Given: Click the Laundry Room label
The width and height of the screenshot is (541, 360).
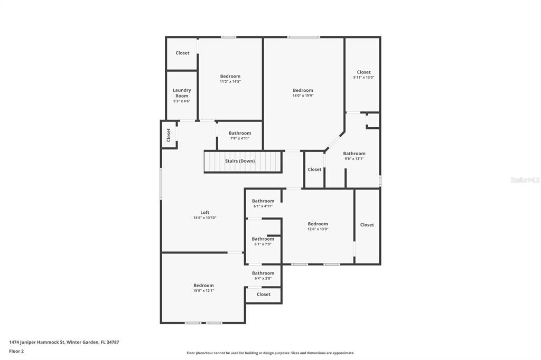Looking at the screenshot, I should click(182, 93).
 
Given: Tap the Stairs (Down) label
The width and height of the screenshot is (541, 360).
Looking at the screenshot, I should click(240, 161).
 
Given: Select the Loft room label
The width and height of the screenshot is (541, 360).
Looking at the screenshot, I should click(204, 213).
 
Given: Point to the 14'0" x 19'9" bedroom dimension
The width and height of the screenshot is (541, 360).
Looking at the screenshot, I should click(303, 96).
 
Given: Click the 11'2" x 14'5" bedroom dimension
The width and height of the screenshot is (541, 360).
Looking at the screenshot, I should click(230, 82).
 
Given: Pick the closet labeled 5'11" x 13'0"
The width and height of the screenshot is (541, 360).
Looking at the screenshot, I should click(363, 72).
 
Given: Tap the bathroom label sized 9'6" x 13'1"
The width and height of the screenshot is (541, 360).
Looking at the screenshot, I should click(354, 154).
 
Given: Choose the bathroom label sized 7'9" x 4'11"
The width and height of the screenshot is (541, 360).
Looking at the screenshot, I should click(240, 134).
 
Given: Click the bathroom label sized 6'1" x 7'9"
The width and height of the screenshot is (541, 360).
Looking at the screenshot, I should click(263, 239).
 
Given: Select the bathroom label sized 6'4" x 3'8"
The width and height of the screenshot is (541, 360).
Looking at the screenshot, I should click(263, 273).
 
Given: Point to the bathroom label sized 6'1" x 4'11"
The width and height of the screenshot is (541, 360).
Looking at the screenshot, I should click(263, 201).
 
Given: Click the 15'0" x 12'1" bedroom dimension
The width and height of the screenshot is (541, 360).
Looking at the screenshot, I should click(203, 291).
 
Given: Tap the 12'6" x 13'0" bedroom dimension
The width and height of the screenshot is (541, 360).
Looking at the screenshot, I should click(318, 229).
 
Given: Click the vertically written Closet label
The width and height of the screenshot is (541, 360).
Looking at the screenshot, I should click(169, 135).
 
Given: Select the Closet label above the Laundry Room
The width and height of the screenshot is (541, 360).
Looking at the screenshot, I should click(182, 53).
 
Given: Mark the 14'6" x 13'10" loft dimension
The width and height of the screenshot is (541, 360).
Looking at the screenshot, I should click(204, 218).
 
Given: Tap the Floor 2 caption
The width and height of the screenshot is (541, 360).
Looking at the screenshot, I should click(16, 351).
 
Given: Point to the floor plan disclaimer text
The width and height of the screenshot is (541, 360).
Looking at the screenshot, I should click(270, 353).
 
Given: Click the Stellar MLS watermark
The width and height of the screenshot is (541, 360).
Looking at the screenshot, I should click(524, 180).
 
